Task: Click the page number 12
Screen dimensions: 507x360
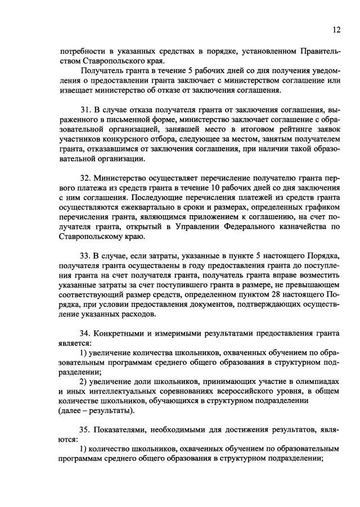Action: coord(336,30)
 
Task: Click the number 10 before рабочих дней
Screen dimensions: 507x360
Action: coord(220,187)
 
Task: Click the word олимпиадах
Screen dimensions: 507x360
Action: coord(318,382)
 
